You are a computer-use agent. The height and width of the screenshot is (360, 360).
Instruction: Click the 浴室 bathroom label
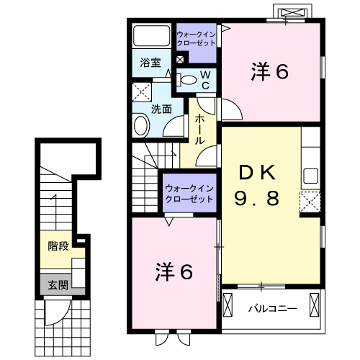(150, 63)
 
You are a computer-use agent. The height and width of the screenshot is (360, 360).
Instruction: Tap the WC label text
(205, 81)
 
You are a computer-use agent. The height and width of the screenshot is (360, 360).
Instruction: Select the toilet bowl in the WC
(189, 80)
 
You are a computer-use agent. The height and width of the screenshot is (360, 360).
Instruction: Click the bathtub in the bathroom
(152, 36)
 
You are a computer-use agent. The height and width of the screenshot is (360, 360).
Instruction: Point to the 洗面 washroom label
(161, 109)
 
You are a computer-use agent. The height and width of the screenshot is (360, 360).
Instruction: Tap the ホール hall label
(199, 130)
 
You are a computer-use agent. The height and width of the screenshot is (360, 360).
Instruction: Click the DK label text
(257, 173)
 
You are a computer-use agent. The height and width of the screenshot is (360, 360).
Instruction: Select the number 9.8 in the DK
(257, 198)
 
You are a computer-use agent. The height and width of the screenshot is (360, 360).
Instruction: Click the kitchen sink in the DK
(311, 176)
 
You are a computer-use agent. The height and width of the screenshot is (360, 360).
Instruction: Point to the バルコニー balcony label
(272, 308)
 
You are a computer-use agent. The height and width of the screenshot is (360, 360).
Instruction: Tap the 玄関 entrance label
(58, 285)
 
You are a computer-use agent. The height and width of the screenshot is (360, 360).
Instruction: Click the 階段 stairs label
(58, 246)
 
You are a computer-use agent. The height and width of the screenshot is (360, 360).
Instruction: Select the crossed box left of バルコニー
(228, 305)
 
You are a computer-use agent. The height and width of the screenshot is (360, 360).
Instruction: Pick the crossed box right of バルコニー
(315, 305)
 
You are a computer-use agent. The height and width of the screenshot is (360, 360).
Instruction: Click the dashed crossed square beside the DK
(310, 202)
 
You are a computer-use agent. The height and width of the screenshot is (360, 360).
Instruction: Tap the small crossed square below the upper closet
(180, 60)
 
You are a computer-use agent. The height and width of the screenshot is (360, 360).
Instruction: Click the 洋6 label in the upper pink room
(269, 71)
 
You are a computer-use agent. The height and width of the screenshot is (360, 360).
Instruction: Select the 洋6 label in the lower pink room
(174, 272)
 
